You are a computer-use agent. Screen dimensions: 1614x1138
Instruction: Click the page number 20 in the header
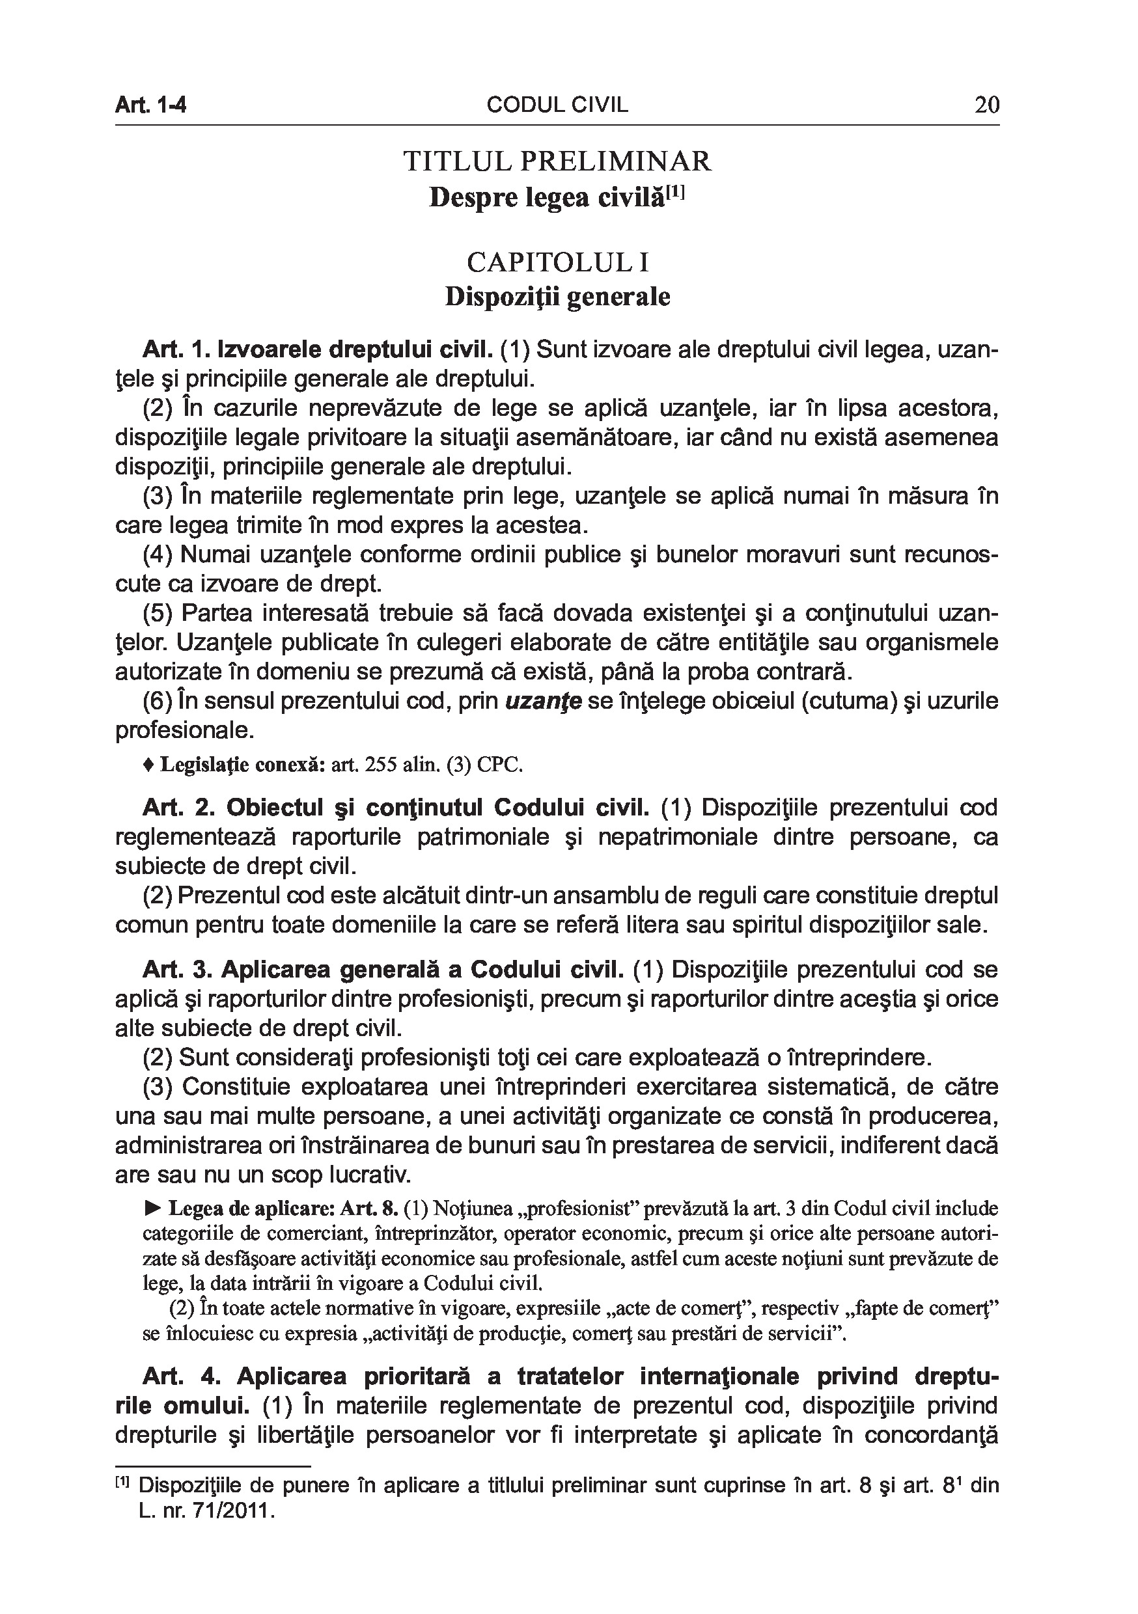click(986, 105)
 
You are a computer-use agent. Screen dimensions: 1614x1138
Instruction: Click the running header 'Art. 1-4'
click(150, 105)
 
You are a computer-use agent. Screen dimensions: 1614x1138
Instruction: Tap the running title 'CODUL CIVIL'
click(557, 105)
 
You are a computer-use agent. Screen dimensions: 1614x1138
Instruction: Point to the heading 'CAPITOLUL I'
click(557, 262)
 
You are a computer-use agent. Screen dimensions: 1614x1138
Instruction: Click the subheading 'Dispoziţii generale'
click(557, 297)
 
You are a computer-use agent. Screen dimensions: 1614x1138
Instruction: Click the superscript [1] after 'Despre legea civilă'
click(675, 191)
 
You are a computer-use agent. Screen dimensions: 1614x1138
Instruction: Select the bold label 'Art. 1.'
click(172, 349)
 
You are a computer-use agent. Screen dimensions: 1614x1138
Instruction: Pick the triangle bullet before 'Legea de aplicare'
click(152, 1209)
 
